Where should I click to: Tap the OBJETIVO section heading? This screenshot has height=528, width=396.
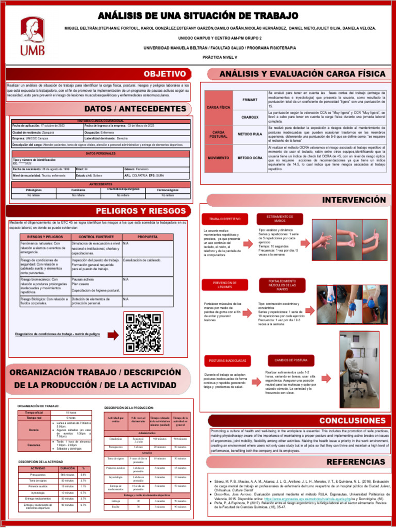point(164,75)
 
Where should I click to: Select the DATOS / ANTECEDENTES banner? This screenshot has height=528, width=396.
point(135,109)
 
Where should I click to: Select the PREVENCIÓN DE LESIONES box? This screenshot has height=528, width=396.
point(225,285)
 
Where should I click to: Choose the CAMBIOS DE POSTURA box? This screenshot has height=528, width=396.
point(291,359)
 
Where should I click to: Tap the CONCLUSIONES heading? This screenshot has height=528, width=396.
point(352,421)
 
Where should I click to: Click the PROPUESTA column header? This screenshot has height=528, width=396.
point(147,236)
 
